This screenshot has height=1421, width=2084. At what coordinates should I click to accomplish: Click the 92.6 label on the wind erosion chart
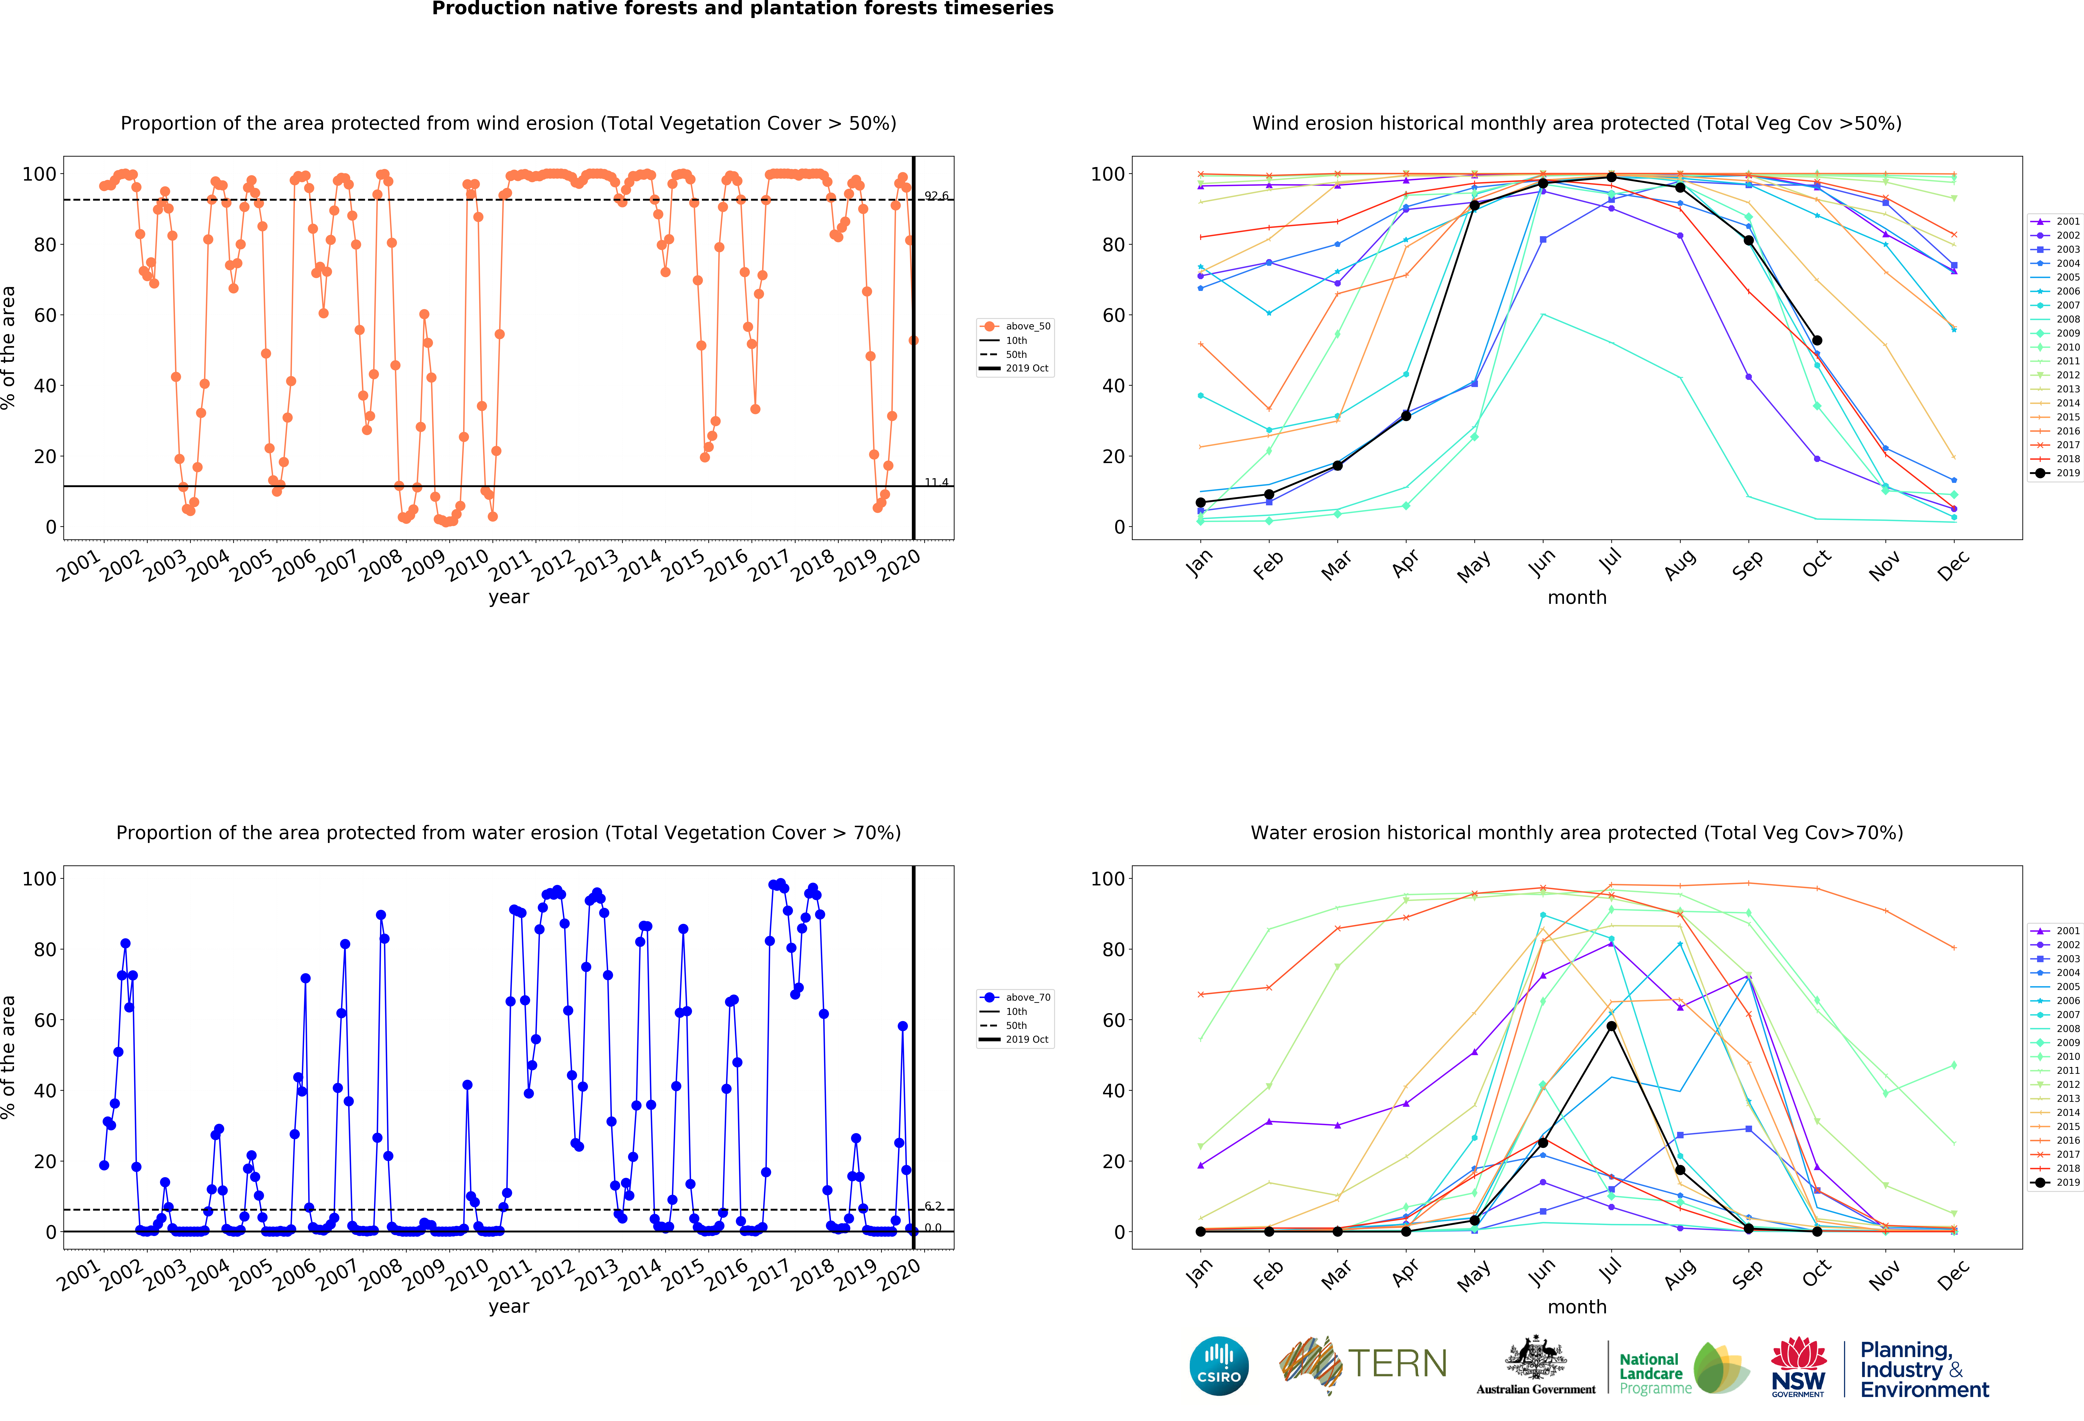pos(936,196)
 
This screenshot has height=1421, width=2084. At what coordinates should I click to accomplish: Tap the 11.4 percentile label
pos(936,482)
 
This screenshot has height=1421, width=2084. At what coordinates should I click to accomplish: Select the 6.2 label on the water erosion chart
pos(932,1206)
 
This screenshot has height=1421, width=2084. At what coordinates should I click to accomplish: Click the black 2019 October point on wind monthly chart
pos(1817,341)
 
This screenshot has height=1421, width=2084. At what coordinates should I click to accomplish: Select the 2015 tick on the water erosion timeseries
pos(683,1274)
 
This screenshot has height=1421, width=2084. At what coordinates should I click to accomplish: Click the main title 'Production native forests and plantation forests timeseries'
pos(742,9)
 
